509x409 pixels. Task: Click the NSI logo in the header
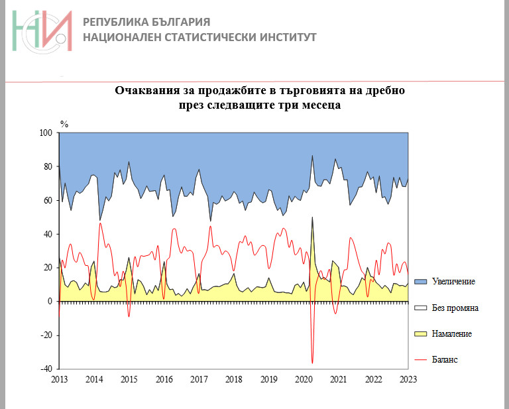[x=41, y=31]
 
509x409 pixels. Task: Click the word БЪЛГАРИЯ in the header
[x=174, y=21]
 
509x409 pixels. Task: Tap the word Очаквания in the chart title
[x=148, y=90]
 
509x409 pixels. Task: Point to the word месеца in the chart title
[x=321, y=105]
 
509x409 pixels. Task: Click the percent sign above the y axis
[x=64, y=124]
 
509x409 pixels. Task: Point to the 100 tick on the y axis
[x=46, y=133]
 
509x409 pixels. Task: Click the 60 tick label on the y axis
[x=48, y=201]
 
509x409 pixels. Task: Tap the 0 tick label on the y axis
[x=50, y=302]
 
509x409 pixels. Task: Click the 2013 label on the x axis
[x=59, y=379]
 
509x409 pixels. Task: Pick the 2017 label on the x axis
[x=199, y=379]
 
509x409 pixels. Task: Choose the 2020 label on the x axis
[x=304, y=379]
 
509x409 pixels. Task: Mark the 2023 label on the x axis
[x=408, y=379]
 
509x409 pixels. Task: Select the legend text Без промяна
[x=455, y=308]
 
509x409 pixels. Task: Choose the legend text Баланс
[x=445, y=359]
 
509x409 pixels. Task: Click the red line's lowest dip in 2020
[x=312, y=363]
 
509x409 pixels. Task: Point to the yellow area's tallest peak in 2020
[x=312, y=218]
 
